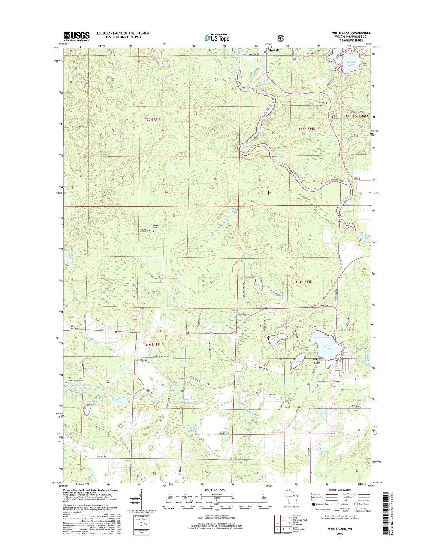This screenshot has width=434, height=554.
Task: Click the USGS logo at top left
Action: point(76,36)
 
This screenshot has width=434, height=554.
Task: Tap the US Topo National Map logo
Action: point(217,38)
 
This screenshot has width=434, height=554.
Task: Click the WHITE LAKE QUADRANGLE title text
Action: point(351,33)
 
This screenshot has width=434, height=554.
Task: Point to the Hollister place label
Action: point(275,50)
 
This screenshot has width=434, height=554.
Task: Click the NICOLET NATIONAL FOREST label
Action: point(357,114)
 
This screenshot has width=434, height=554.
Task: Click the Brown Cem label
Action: point(156,226)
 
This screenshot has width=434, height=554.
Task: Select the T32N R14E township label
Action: point(306,128)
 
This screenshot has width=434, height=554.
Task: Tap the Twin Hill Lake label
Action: point(118,400)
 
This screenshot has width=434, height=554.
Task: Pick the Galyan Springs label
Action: point(191,429)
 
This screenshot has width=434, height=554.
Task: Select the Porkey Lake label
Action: point(71,255)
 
